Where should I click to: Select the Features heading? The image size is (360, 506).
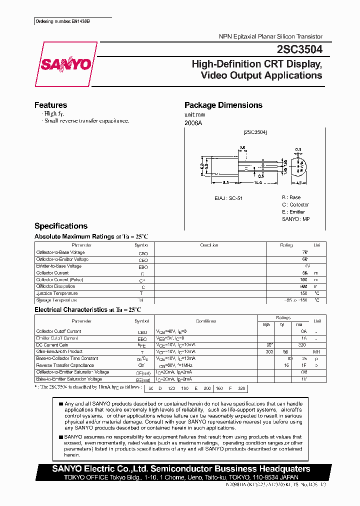coord(50,105)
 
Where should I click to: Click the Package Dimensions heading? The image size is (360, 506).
coord(223,105)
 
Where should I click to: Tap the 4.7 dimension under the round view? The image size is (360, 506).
coord(298,184)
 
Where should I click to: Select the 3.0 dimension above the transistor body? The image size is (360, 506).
coord(242,147)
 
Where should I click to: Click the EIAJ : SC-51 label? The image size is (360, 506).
coord(229,198)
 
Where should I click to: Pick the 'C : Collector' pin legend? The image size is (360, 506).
coord(295,204)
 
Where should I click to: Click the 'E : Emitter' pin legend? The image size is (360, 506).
coord(293,211)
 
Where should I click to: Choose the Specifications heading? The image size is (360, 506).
coord(60,226)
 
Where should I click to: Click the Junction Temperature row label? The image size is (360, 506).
coord(57,293)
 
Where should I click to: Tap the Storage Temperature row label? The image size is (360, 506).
coord(56,300)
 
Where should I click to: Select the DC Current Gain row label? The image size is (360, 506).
coord(52,344)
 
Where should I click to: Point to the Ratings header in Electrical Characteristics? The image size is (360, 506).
coord(283,317)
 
